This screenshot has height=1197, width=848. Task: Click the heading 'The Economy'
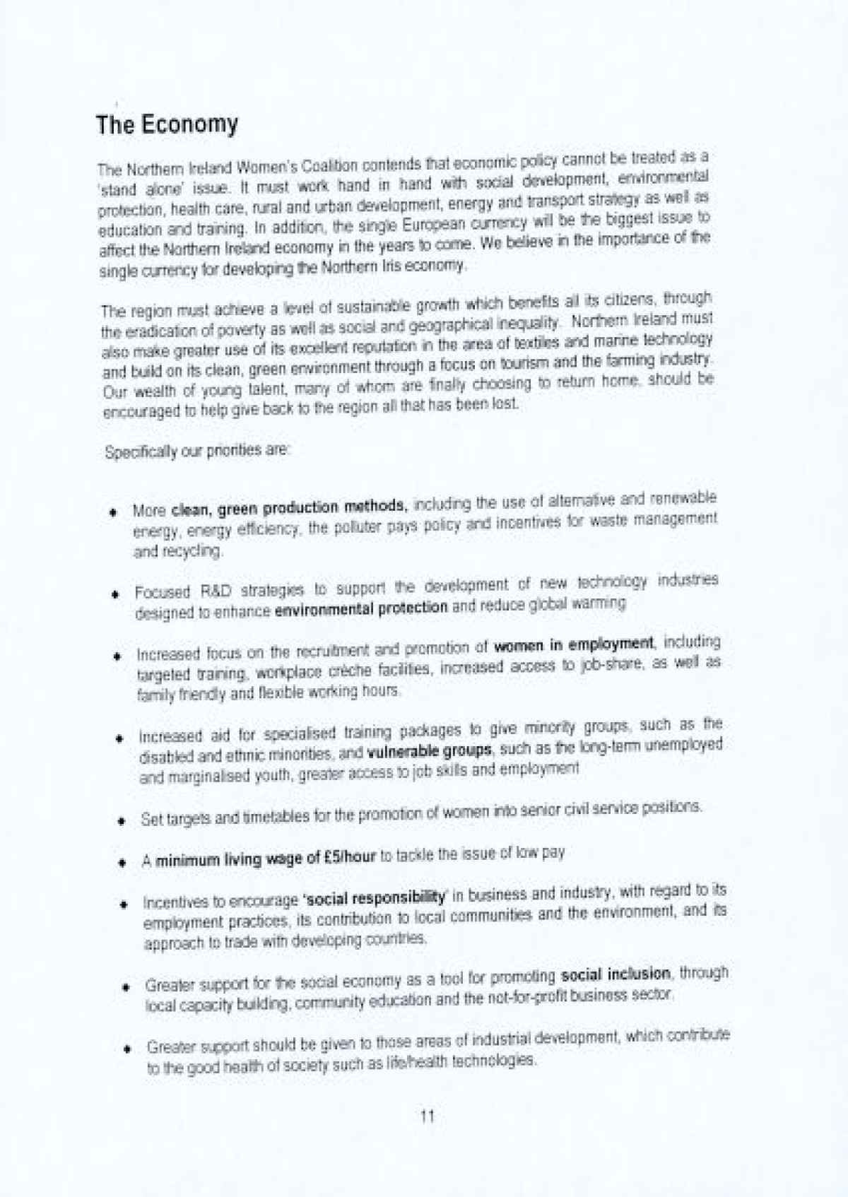[167, 125]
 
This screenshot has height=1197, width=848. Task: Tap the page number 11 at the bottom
[427, 1116]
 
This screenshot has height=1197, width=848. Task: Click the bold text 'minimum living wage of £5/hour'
[266, 860]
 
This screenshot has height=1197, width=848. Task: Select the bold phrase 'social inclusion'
[615, 975]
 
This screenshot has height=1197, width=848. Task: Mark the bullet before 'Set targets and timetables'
[122, 821]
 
